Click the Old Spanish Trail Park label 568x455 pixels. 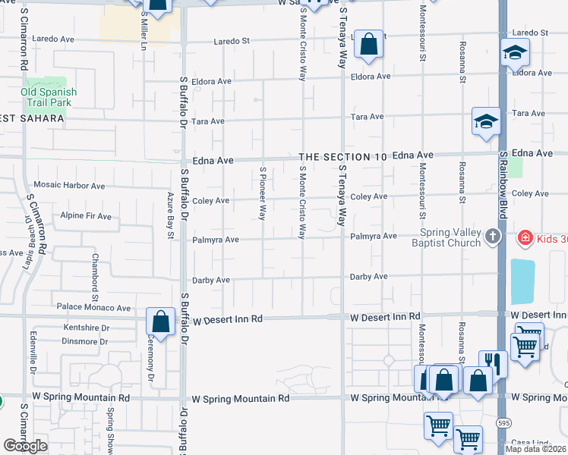[x=49, y=97]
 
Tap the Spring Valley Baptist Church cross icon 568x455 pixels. [x=492, y=236]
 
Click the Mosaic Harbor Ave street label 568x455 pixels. [x=70, y=186]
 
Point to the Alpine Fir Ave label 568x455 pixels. [x=86, y=216]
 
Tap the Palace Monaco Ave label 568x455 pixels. [x=93, y=308]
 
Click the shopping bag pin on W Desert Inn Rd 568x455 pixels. [x=161, y=322]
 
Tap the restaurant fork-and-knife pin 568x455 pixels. [x=493, y=363]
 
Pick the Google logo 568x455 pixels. [x=26, y=446]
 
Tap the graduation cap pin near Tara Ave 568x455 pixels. [x=485, y=121]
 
